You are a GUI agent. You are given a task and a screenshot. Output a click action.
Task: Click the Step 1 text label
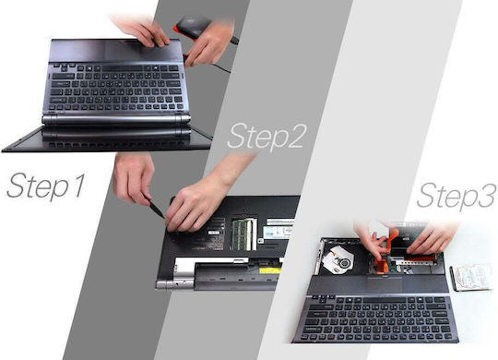46,186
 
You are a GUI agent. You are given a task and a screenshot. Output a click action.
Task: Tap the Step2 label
267,137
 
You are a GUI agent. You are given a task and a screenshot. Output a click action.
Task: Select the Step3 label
456,195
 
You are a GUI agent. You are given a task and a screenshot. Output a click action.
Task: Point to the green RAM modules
244,234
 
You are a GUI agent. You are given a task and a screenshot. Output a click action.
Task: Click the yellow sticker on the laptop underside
270,270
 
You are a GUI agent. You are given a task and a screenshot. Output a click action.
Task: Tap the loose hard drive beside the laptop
470,278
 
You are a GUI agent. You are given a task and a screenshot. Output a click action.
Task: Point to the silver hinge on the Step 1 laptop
116,119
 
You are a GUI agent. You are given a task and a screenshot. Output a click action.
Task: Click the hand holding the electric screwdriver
209,42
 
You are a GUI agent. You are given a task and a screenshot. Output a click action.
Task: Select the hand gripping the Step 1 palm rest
141,30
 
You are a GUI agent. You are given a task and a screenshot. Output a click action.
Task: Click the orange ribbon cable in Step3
385,251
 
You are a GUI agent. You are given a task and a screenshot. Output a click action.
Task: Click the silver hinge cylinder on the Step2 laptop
174,283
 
